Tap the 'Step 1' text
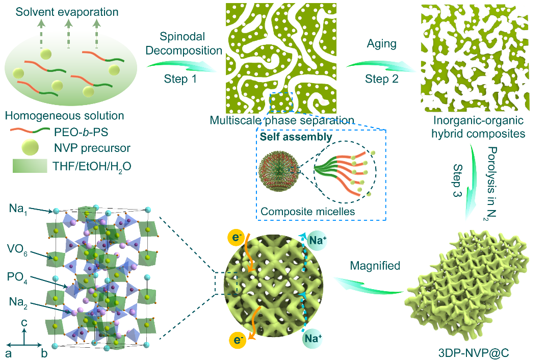pyautogui.click(x=180, y=80)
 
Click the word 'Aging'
pyautogui.click(x=382, y=44)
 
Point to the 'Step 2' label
pyautogui.click(x=381, y=80)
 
